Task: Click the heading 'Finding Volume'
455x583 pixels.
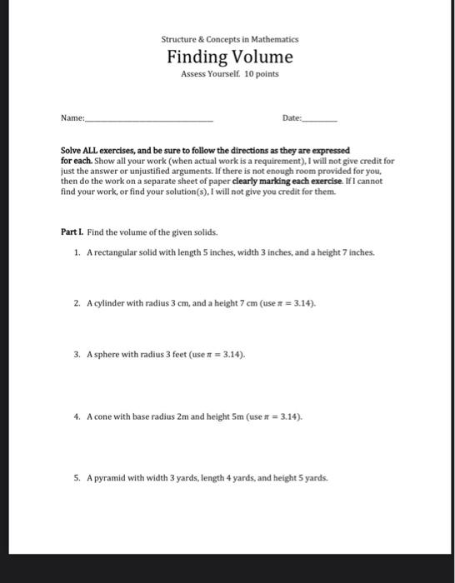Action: click(230, 57)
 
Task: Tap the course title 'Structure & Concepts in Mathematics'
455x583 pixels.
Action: click(230, 39)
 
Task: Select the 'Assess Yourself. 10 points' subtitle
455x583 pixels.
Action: click(230, 74)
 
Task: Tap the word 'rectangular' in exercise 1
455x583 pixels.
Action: click(111, 252)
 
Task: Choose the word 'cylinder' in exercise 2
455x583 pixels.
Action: click(108, 302)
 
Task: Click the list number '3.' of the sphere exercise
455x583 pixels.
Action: click(77, 354)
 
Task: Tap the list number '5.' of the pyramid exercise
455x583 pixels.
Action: click(77, 479)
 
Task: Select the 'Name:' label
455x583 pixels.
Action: click(72, 119)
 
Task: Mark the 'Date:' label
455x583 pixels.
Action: click(292, 119)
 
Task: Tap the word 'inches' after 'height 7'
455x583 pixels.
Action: click(361, 252)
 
